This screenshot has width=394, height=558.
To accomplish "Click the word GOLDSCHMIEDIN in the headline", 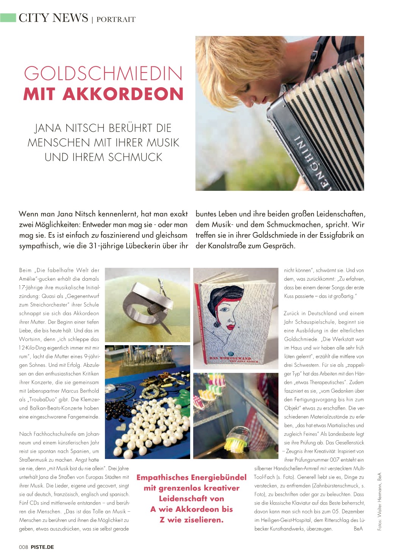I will [103, 74].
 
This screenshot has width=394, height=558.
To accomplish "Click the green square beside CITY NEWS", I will [8, 17].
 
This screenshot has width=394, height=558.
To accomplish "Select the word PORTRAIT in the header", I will [116, 19].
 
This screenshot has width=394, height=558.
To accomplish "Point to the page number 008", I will [23, 547].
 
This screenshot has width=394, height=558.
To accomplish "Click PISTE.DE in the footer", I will [42, 547].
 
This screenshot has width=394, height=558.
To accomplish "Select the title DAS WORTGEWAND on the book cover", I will [230, 358].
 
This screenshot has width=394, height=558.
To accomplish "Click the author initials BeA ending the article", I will [358, 529].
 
